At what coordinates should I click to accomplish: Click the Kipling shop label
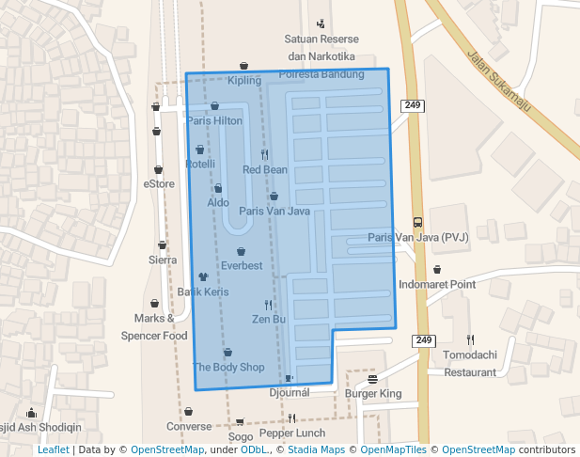click(x=243, y=80)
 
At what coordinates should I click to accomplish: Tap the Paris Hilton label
click(x=214, y=120)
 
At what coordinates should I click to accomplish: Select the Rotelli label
click(x=200, y=164)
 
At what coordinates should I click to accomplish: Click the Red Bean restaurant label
click(x=265, y=169)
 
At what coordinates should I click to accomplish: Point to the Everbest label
click(x=242, y=265)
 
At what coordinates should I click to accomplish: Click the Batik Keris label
click(x=203, y=292)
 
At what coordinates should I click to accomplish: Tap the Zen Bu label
click(x=268, y=319)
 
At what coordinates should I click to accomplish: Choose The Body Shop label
click(x=228, y=367)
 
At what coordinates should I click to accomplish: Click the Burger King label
click(x=373, y=393)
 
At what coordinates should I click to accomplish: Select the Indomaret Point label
click(x=437, y=283)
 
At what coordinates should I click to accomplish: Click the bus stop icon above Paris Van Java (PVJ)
click(x=417, y=223)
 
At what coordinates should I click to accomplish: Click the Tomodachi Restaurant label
click(x=470, y=365)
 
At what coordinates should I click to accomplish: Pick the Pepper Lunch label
click(x=291, y=433)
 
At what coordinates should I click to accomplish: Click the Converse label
click(x=189, y=425)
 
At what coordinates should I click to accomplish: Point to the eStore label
click(x=159, y=184)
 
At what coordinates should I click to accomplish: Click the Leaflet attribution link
click(x=53, y=449)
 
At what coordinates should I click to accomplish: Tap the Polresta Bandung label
click(x=321, y=74)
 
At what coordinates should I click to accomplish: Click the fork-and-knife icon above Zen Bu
click(x=268, y=305)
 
